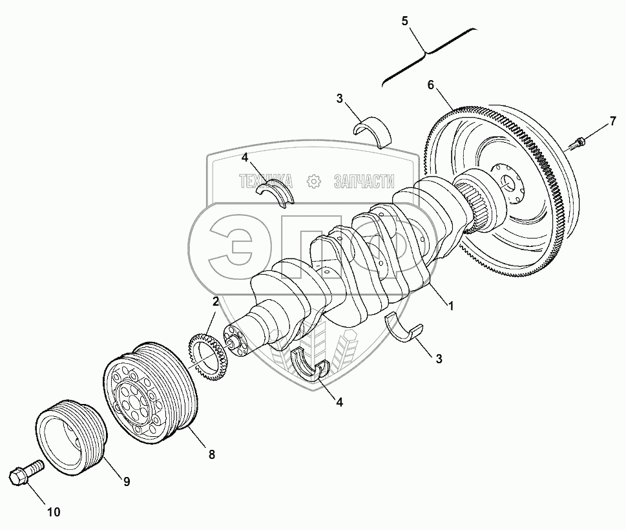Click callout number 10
click(x=54, y=512)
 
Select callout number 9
click(x=126, y=482)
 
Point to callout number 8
click(x=212, y=454)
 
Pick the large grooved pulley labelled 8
click(x=151, y=392)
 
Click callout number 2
click(x=215, y=301)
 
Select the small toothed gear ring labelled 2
click(x=207, y=358)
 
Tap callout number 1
click(x=451, y=306)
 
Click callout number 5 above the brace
click(x=405, y=21)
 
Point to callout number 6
click(x=430, y=85)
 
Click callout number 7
click(x=612, y=121)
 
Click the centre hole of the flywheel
click(x=509, y=184)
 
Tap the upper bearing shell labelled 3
click(x=373, y=131)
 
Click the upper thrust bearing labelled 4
click(x=275, y=192)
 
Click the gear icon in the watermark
click(x=314, y=182)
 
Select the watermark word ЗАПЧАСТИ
click(x=364, y=182)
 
